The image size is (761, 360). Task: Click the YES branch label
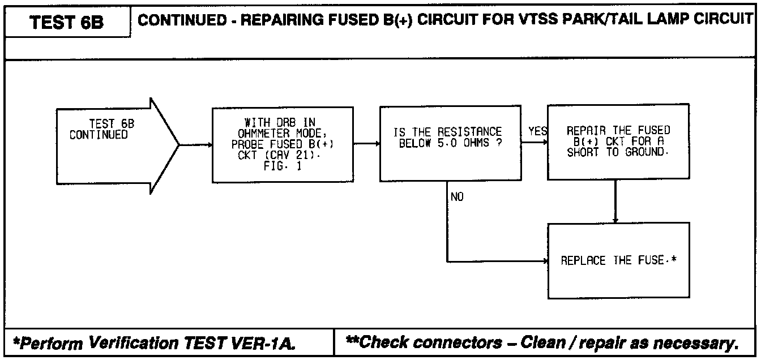[537, 131]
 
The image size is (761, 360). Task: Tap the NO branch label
[457, 198]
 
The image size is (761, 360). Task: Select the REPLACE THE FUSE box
[618, 261]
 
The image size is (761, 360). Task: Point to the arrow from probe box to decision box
[366, 144]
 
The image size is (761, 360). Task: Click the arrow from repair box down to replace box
[615, 201]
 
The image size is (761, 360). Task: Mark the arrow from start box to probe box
[196, 144]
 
